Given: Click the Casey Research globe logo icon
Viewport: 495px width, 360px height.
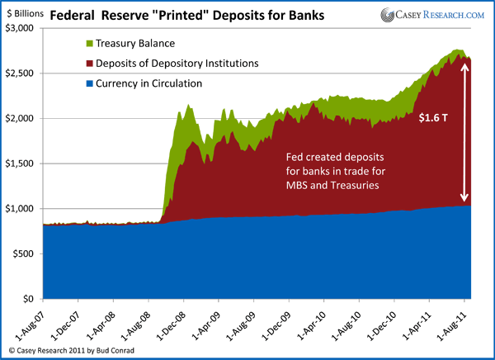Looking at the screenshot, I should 388,14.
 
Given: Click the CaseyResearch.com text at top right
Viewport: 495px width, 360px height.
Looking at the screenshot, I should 442,15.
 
